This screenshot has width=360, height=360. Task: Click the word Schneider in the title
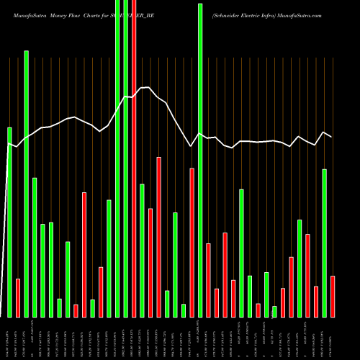tap(233, 13)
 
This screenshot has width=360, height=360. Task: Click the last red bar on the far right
tap(333, 296)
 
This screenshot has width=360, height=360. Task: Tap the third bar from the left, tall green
tap(26, 184)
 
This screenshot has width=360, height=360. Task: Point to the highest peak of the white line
tap(148, 88)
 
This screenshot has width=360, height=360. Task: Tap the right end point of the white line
tap(331, 137)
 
